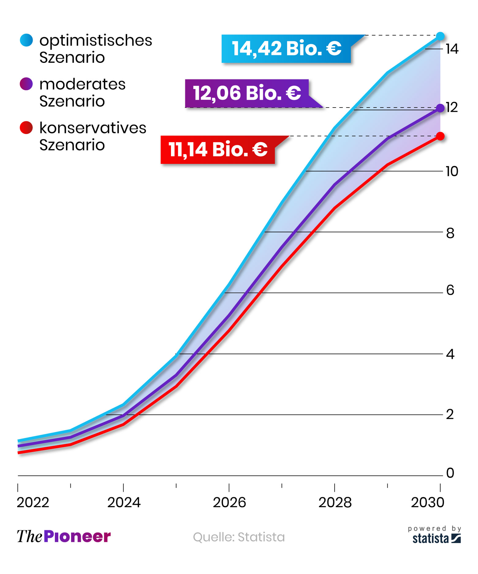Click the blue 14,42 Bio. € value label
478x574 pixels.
[286, 49]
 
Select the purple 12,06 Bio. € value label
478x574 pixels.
[247, 93]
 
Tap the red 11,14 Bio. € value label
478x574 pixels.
[218, 150]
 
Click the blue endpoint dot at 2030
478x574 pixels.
[440, 36]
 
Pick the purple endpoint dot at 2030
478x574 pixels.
[440, 108]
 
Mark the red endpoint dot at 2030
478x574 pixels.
[440, 136]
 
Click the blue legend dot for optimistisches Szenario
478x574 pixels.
[26, 40]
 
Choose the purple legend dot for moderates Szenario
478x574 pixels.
[26, 84]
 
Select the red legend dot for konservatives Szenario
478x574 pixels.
[26, 128]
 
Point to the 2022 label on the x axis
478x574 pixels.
[33, 503]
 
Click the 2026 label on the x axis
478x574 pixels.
[229, 503]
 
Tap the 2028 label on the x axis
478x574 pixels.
[335, 503]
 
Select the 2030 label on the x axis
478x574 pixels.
[427, 503]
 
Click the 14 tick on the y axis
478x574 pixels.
[452, 49]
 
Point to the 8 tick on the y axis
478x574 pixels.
[450, 234]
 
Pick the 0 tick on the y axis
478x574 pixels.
[450, 473]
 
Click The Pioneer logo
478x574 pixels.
[64, 537]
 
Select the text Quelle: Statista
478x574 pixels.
[239, 537]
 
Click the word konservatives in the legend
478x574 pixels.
[93, 128]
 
